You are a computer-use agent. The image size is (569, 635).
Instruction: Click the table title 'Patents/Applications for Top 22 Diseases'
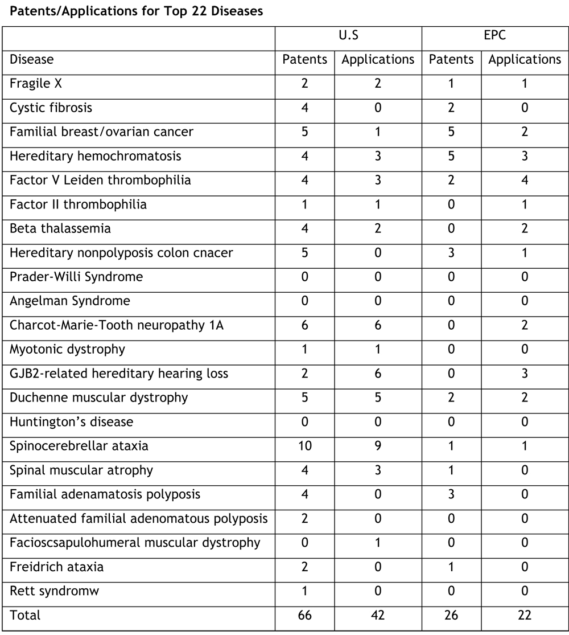[133, 11]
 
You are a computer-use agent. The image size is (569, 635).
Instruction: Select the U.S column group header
[348, 35]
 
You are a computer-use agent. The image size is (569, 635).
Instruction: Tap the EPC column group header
[494, 35]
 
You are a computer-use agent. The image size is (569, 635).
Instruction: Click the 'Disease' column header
[32, 59]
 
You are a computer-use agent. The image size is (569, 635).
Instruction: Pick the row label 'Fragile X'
[36, 84]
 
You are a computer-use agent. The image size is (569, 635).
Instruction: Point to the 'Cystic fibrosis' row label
[51, 108]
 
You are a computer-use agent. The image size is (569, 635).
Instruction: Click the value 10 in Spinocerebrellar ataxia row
[305, 446]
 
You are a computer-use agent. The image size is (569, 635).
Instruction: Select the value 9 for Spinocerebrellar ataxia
[378, 446]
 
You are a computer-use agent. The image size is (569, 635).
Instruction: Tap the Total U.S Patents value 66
[305, 616]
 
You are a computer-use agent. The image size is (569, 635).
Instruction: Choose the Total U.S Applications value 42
[378, 616]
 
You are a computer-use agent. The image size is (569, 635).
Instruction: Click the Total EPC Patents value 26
[451, 616]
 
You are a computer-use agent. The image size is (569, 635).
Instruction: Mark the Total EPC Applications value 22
[525, 616]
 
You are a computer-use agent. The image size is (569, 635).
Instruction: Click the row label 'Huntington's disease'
[71, 422]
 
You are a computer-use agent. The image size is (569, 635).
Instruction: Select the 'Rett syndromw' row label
[55, 591]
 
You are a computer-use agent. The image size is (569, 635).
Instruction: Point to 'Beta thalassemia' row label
[60, 228]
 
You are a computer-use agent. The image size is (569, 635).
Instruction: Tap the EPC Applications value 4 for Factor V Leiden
[525, 181]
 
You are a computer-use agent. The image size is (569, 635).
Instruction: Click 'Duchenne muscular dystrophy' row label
[98, 398]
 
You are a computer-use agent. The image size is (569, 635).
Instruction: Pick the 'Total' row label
[25, 616]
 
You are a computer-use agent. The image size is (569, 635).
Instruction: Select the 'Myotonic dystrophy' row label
[67, 349]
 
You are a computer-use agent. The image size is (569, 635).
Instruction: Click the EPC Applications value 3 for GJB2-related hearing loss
[525, 374]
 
